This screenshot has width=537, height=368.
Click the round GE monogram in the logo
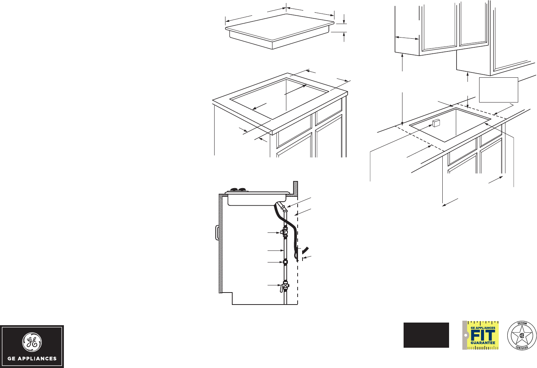pos(32,342)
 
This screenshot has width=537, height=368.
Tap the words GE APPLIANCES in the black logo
pos(32,359)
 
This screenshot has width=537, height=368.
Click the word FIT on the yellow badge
pos(483,335)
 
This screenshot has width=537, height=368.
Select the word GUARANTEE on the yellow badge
pos(483,343)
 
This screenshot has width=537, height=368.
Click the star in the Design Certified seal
pos(522,335)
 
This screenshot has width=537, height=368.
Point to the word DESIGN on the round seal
pos(522,323)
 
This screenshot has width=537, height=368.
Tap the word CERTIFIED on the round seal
pos(522,348)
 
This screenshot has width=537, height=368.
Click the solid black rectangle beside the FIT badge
pos(426,335)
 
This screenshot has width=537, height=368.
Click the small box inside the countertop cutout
pos(436,123)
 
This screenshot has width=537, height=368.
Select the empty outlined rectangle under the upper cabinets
pos(499,90)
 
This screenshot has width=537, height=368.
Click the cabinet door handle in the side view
pos(217,232)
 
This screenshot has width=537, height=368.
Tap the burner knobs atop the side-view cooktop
pos(238,190)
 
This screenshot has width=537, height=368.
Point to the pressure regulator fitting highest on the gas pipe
pos(284,232)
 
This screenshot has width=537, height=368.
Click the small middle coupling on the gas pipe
pos(285,262)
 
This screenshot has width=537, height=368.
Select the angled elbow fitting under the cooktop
pos(282,207)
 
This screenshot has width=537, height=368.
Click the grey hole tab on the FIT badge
pos(465,335)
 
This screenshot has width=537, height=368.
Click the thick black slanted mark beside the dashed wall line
pos(306,250)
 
